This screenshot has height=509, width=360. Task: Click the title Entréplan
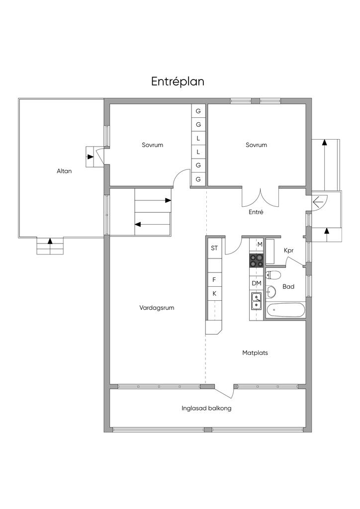(x=178, y=82)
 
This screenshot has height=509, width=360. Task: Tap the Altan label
(x=64, y=171)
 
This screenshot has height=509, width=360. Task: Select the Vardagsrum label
(x=157, y=308)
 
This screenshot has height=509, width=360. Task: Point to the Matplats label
(x=255, y=353)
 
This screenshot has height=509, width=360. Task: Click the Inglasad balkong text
(x=206, y=409)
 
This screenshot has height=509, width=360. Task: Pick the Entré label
(x=256, y=212)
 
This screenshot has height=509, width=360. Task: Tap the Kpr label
(x=288, y=251)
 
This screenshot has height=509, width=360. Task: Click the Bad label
(x=288, y=287)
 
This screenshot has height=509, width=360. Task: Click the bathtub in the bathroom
(x=285, y=310)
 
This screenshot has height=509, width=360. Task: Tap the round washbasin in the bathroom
(x=271, y=291)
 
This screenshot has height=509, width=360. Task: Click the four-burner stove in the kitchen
(x=257, y=260)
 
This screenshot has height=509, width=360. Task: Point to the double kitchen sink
(x=257, y=301)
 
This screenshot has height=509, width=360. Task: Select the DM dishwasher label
(x=257, y=283)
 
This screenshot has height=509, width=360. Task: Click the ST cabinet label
(x=214, y=249)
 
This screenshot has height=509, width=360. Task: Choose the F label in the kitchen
(x=214, y=279)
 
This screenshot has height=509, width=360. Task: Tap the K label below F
(x=214, y=294)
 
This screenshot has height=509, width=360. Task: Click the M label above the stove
(x=260, y=245)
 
